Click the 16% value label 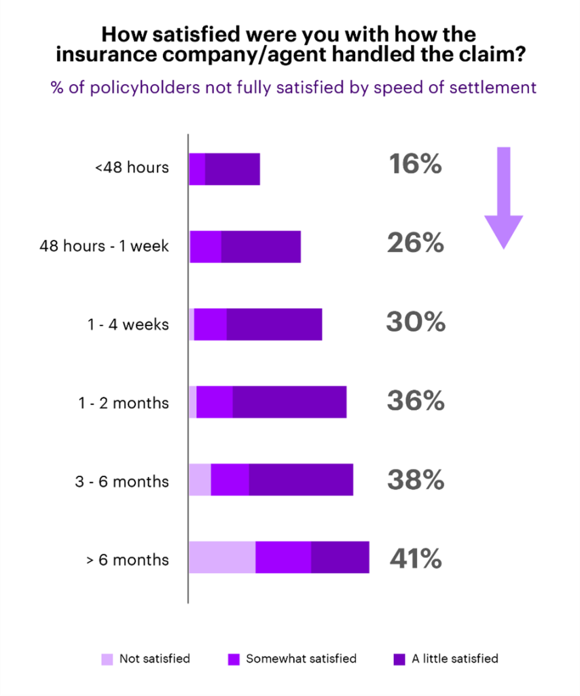click(415, 165)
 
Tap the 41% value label click(416, 559)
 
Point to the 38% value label click(416, 481)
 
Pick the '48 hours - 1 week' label click(104, 246)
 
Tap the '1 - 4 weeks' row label click(128, 325)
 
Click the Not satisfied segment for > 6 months click(222, 557)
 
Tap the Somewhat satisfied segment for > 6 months click(283, 557)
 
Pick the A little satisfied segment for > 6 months click(340, 557)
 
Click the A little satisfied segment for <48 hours click(232, 169)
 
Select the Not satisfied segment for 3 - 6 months click(200, 479)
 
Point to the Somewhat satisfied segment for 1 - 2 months click(215, 402)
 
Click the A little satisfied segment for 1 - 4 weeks click(274, 324)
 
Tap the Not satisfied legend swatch click(107, 659)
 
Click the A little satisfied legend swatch click(399, 659)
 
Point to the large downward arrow click(503, 197)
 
